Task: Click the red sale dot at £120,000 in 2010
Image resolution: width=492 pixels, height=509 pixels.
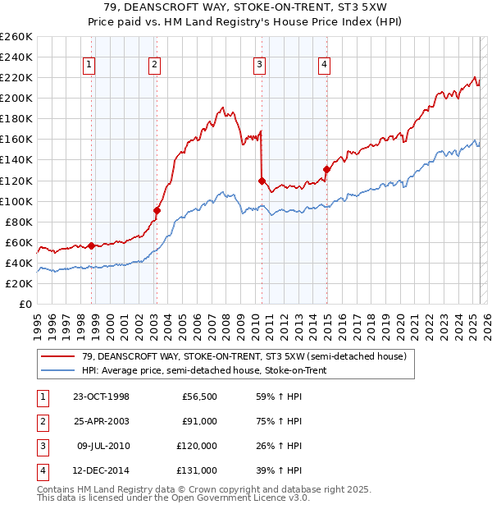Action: [262, 181]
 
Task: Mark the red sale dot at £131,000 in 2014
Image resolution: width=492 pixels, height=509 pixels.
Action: [326, 169]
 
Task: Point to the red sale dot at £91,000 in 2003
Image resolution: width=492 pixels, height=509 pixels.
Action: [157, 210]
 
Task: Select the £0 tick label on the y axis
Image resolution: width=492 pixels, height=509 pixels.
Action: [25, 304]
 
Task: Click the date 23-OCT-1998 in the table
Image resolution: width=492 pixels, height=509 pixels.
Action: [102, 397]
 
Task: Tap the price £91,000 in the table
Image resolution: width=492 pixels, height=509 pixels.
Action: [199, 421]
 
